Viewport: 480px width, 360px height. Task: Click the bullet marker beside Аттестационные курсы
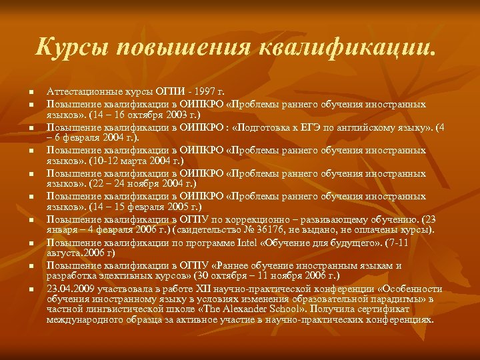[x=31, y=92]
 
